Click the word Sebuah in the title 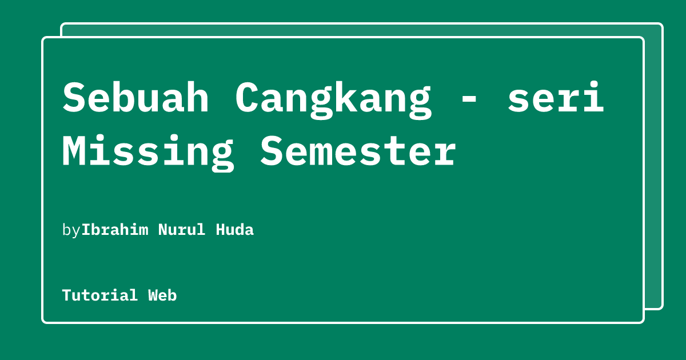(135, 98)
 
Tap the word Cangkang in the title (333, 98)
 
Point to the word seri (556, 98)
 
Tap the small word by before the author (71, 230)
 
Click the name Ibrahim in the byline (115, 230)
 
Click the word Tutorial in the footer (100, 295)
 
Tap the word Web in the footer (162, 295)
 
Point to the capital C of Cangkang (247, 98)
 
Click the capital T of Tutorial (66, 295)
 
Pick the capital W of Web (153, 295)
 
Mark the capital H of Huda (220, 230)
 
